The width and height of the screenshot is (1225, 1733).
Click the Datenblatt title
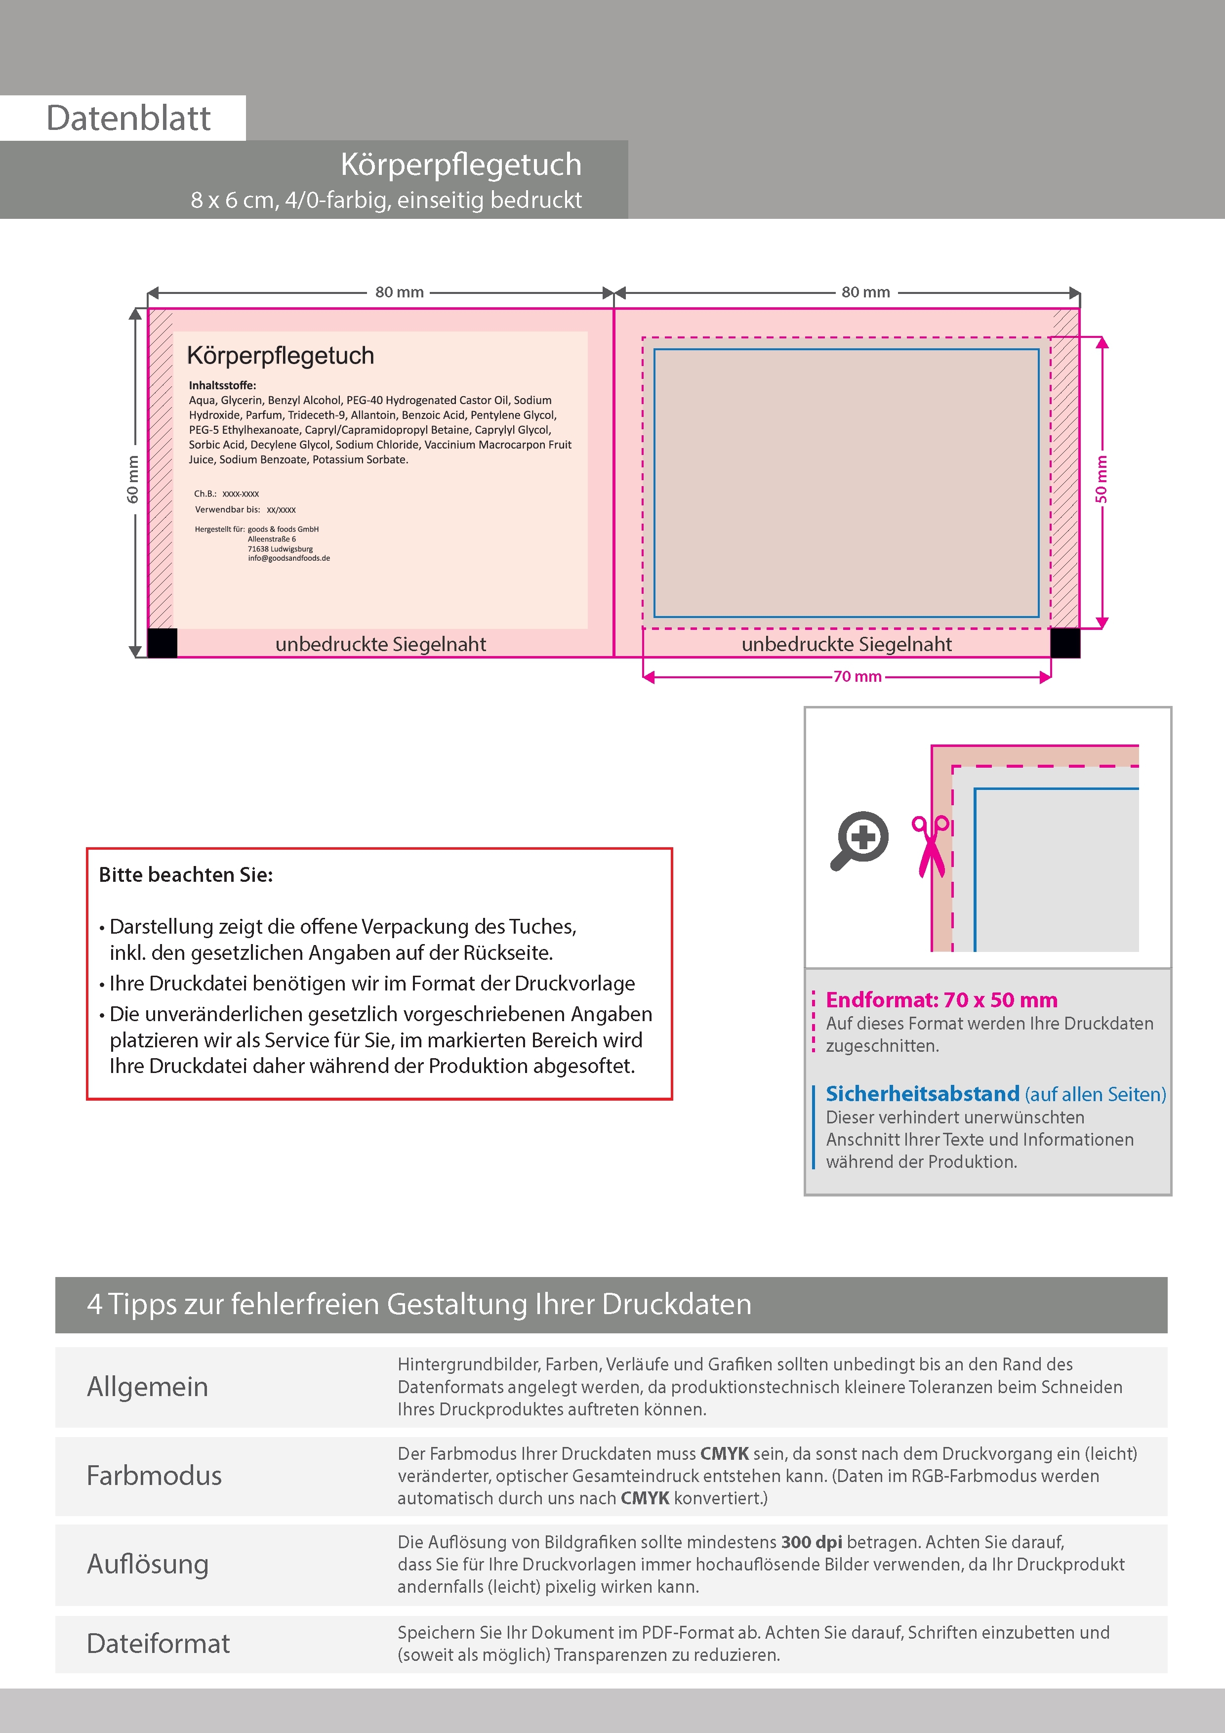(x=128, y=119)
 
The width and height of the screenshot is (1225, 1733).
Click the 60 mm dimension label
(x=133, y=479)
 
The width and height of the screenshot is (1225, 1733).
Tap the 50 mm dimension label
(x=1101, y=479)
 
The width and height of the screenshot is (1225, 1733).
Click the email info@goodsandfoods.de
(x=289, y=559)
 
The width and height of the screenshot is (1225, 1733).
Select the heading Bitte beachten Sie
(x=186, y=875)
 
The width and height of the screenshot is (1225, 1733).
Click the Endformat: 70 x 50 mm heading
(x=941, y=1000)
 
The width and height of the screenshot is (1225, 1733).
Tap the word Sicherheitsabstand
(x=922, y=1094)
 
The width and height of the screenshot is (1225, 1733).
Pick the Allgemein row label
(x=147, y=1387)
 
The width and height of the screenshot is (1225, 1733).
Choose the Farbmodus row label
(x=154, y=1476)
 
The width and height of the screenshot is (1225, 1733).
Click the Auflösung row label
(x=148, y=1564)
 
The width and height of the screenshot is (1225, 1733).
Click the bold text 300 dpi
(x=812, y=1542)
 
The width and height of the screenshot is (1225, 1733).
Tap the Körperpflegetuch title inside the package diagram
(x=280, y=356)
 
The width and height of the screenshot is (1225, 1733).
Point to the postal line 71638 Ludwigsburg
(x=280, y=549)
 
